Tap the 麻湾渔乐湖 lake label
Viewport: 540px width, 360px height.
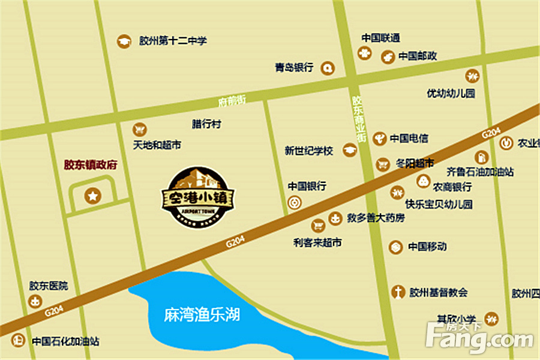pos(202,313)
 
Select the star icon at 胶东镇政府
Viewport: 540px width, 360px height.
pos(93,195)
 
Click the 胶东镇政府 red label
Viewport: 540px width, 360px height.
pos(90,164)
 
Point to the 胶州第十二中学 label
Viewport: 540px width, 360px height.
pos(173,41)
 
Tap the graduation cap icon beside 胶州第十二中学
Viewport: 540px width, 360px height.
pos(124,41)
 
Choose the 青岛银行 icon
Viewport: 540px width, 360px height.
pos(327,68)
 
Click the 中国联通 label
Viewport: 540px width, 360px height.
pos(380,38)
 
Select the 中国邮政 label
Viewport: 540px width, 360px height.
pos(418,56)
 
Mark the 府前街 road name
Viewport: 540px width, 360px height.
pos(232,101)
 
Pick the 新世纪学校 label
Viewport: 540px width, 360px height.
pos(308,151)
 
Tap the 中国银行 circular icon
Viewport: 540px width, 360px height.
pos(294,203)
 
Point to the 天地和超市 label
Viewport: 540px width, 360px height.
pos(157,145)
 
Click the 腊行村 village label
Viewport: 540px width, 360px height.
pos(206,124)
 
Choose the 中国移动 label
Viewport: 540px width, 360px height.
pos(427,246)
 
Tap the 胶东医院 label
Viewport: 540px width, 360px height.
pos(49,286)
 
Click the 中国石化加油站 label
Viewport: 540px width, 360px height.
pos(65,341)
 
